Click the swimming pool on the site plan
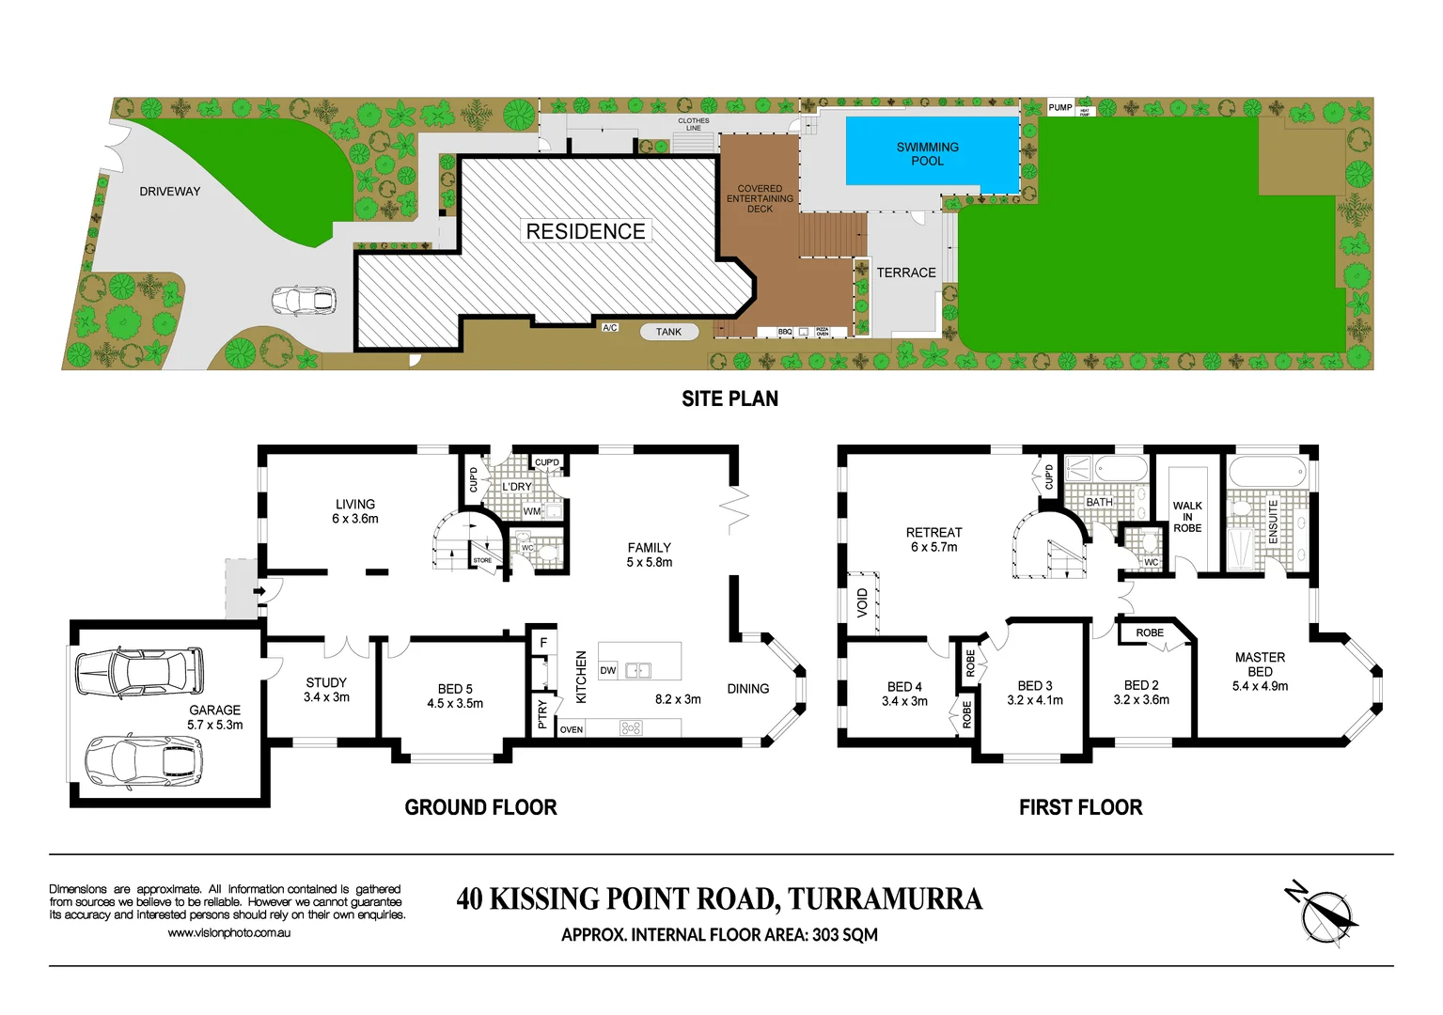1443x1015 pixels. pos(932,151)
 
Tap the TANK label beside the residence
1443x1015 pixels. pos(668,332)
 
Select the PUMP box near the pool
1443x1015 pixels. pos(1060,107)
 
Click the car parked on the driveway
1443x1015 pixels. pos(304,301)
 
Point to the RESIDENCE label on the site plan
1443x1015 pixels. pos(585,231)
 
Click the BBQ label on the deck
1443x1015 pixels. pos(785,332)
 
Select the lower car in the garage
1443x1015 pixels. pos(144,760)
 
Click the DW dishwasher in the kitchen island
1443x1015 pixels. pos(608,671)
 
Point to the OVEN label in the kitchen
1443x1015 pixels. pos(572,729)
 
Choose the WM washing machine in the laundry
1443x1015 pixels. pos(532,511)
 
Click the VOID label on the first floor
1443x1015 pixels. pos(862,602)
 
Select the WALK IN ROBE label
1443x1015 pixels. pos(1187,517)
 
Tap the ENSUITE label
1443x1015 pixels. pos(1274,521)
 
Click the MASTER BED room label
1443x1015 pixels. pos(1260,664)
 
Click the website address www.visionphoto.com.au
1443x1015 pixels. pos(229,933)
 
